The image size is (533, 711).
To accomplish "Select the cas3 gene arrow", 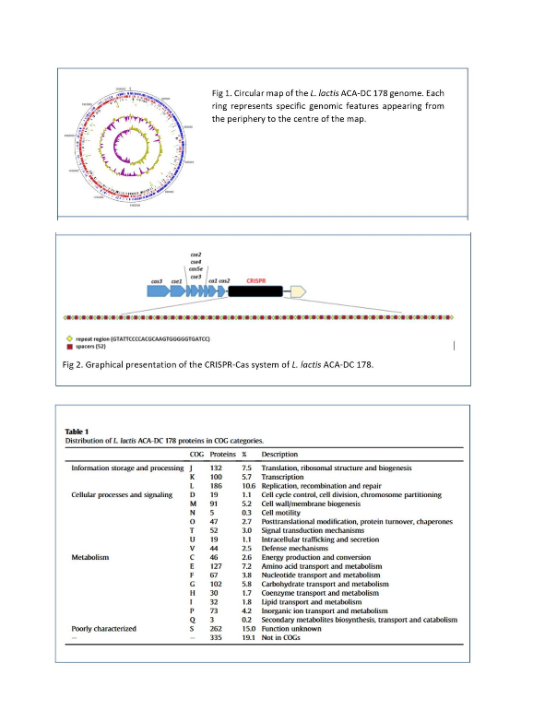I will pyautogui.click(x=157, y=291).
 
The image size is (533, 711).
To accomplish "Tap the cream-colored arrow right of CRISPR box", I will pyautogui.click(x=298, y=291).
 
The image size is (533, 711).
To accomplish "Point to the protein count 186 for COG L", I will pyautogui.click(x=218, y=485).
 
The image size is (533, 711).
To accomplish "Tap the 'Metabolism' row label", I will pyautogui.click(x=91, y=558).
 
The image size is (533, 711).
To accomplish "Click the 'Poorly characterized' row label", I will pyautogui.click(x=102, y=629).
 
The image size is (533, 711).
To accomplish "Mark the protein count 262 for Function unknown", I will pyautogui.click(x=218, y=629).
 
